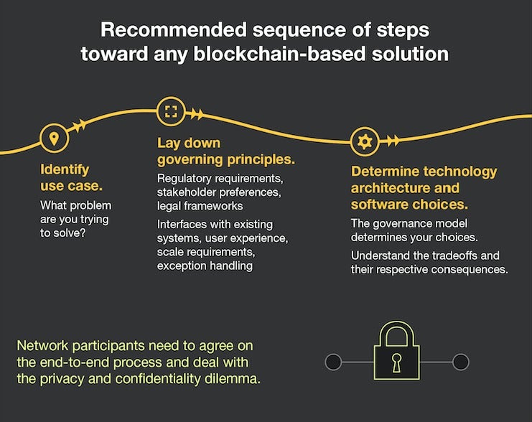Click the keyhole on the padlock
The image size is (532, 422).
pos(396,362)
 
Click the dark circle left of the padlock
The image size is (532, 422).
pos(333,362)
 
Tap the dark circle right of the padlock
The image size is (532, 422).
pos(461,362)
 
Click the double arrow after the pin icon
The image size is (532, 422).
pos(79,126)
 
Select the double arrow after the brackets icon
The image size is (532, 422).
pos(197,114)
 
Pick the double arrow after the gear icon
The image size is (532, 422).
pos(392,140)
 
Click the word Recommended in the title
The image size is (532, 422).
pos(173,30)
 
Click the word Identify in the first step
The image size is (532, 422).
pos(65,170)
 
